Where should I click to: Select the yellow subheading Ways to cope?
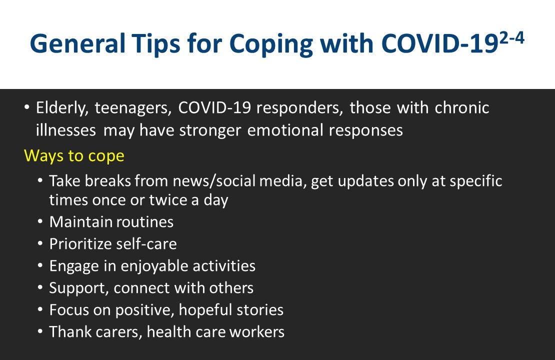tap(74, 156)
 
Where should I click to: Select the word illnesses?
tap(66, 130)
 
